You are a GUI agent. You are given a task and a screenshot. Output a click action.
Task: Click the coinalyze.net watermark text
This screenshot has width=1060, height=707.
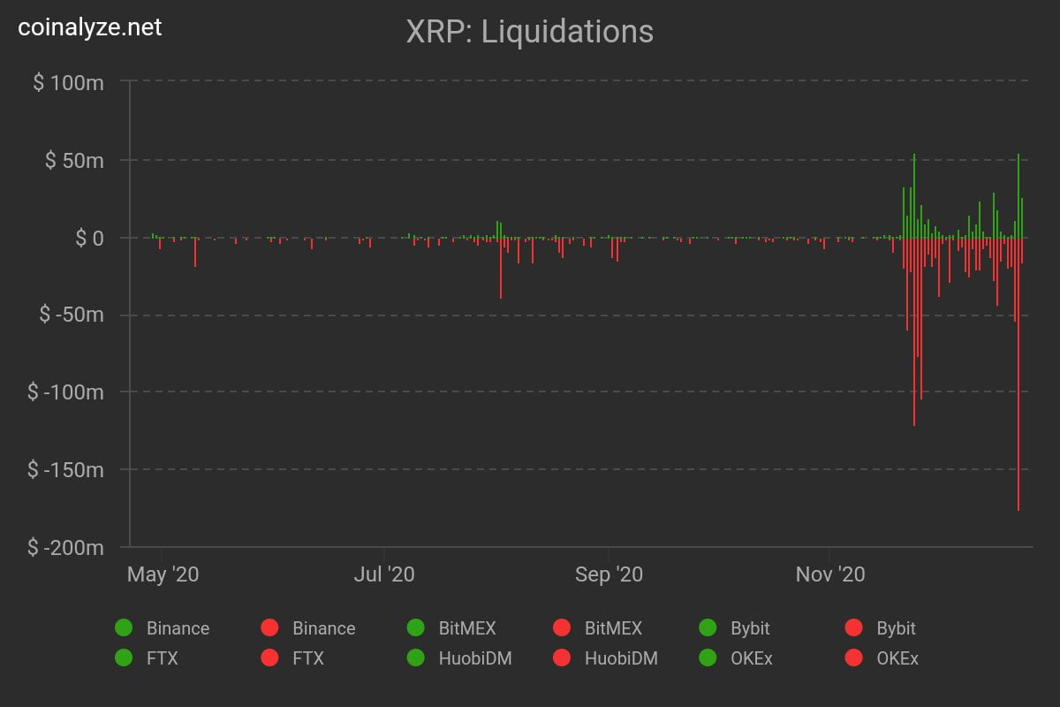click(x=90, y=27)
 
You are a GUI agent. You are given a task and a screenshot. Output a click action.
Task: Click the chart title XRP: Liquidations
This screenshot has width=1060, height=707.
click(x=529, y=32)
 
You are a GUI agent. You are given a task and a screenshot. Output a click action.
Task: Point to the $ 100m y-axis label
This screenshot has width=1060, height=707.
click(x=68, y=82)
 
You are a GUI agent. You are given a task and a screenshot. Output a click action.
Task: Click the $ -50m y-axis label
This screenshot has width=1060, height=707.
click(x=71, y=315)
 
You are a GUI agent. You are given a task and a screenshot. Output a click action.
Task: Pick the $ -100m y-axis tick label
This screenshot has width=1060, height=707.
click(x=65, y=392)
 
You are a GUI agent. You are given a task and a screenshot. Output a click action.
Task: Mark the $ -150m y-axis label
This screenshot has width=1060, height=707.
click(x=65, y=469)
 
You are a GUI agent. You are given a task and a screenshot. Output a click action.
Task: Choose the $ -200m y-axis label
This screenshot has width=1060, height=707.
click(x=65, y=547)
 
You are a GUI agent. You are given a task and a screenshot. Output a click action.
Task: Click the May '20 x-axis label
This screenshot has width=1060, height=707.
click(x=163, y=574)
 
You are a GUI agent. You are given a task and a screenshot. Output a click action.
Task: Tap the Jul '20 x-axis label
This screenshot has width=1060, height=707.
click(x=384, y=574)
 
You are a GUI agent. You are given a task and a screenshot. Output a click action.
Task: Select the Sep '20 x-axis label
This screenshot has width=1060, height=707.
click(x=609, y=574)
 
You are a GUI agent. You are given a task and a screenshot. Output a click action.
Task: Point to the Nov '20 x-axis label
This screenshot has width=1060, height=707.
click(x=830, y=574)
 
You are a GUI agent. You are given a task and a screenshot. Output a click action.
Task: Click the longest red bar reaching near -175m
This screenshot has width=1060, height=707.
click(x=1018, y=398)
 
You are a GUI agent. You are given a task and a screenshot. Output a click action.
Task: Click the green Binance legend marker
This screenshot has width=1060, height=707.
click(x=124, y=628)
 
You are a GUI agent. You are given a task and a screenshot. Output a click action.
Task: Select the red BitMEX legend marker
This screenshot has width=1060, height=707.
click(x=561, y=628)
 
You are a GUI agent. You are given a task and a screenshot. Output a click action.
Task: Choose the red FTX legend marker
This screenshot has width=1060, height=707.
click(x=269, y=658)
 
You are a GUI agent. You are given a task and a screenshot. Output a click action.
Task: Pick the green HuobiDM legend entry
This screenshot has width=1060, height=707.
click(x=459, y=658)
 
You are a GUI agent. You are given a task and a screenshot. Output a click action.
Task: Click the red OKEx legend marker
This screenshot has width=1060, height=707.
click(x=853, y=658)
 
